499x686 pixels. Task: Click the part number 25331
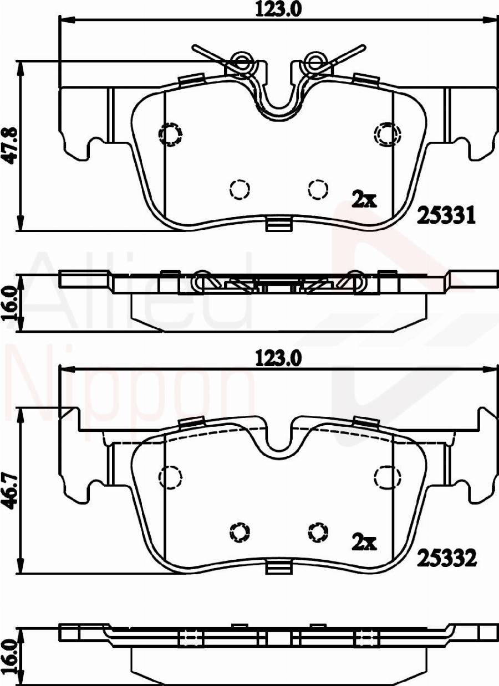tap(446, 216)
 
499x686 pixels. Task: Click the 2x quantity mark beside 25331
tap(364, 200)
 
